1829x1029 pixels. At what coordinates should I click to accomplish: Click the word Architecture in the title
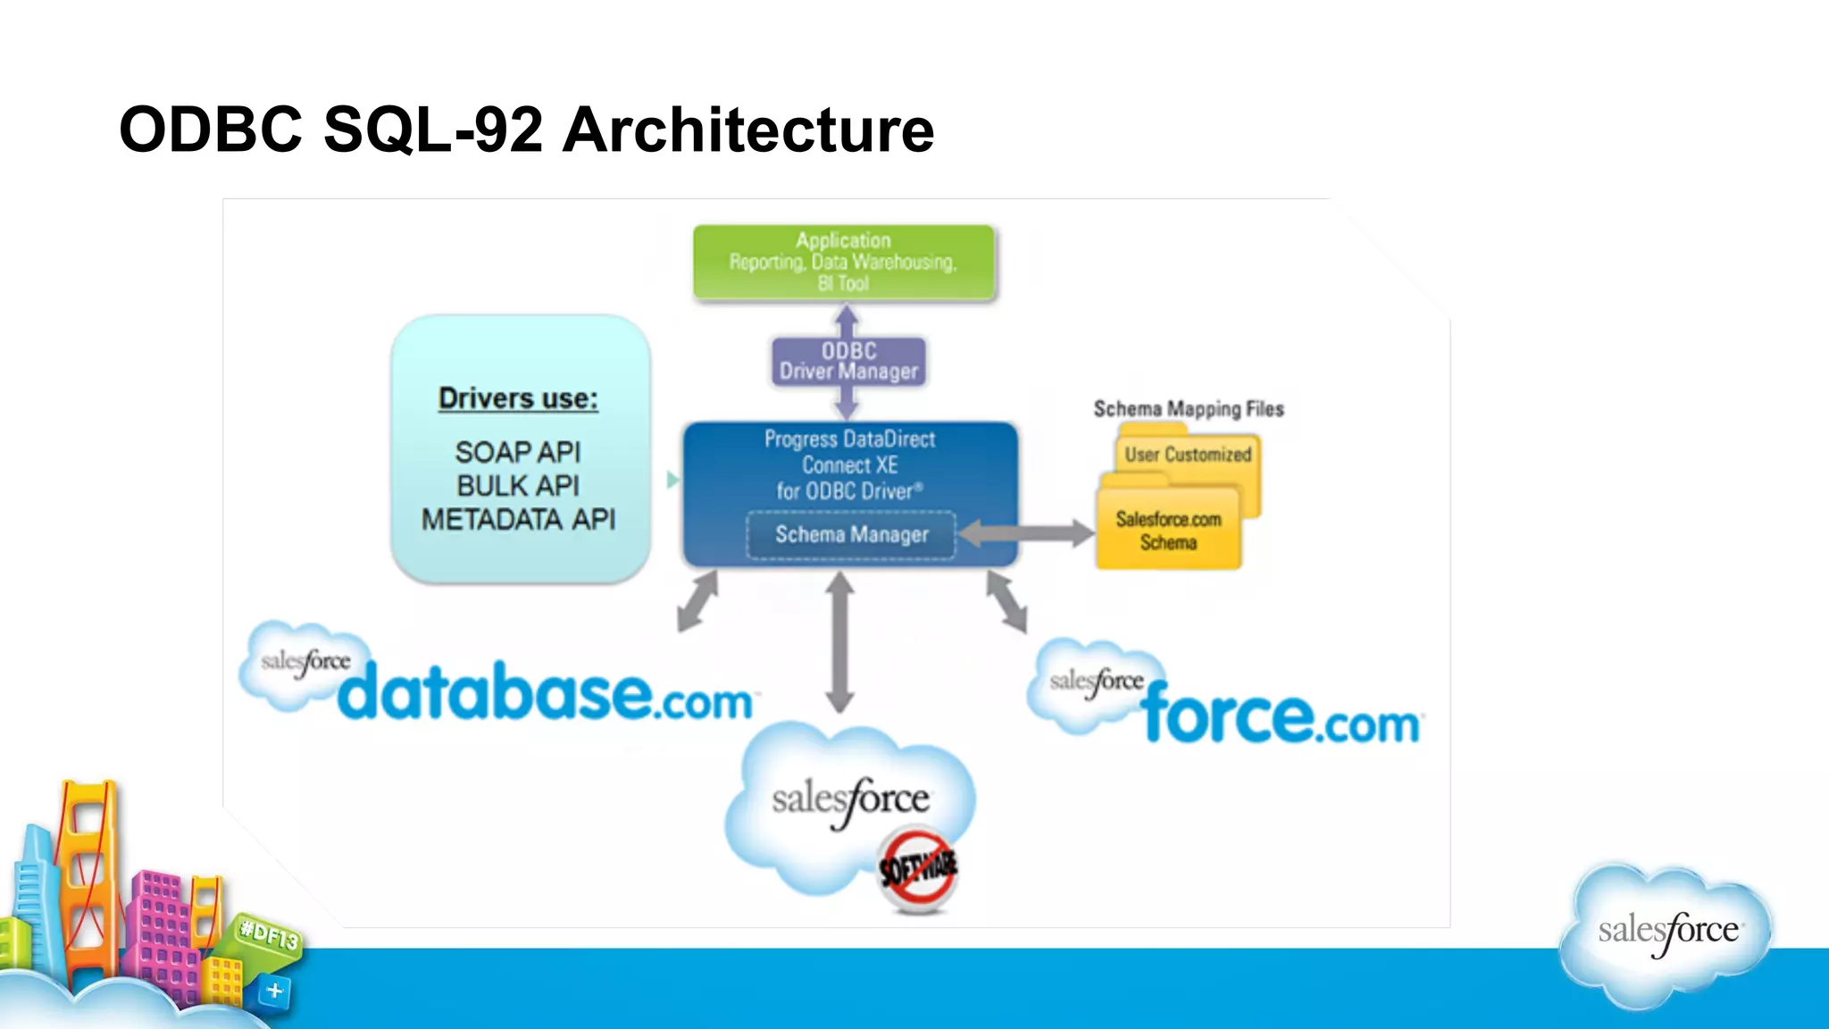tap(748, 130)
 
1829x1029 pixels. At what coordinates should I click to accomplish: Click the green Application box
tap(843, 262)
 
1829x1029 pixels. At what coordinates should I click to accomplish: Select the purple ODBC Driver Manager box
tap(848, 362)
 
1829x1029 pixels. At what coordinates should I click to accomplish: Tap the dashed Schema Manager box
tap(851, 535)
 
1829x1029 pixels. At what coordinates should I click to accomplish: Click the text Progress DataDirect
tap(849, 439)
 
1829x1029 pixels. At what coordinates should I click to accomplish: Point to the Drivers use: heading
tap(518, 398)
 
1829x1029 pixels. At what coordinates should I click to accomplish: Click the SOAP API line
tap(518, 452)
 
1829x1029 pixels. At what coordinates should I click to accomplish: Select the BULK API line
tap(518, 486)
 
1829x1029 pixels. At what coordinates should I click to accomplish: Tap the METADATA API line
tap(518, 520)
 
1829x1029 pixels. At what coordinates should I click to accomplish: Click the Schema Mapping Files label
tap(1188, 409)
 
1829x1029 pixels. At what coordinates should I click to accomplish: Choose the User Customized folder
tap(1188, 455)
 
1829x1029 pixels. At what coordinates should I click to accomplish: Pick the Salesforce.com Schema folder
tap(1168, 531)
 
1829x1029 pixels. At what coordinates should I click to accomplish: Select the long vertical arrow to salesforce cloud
tap(839, 643)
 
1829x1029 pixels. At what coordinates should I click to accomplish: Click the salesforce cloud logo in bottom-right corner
tap(1666, 932)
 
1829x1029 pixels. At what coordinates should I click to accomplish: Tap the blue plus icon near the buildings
tap(275, 991)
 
